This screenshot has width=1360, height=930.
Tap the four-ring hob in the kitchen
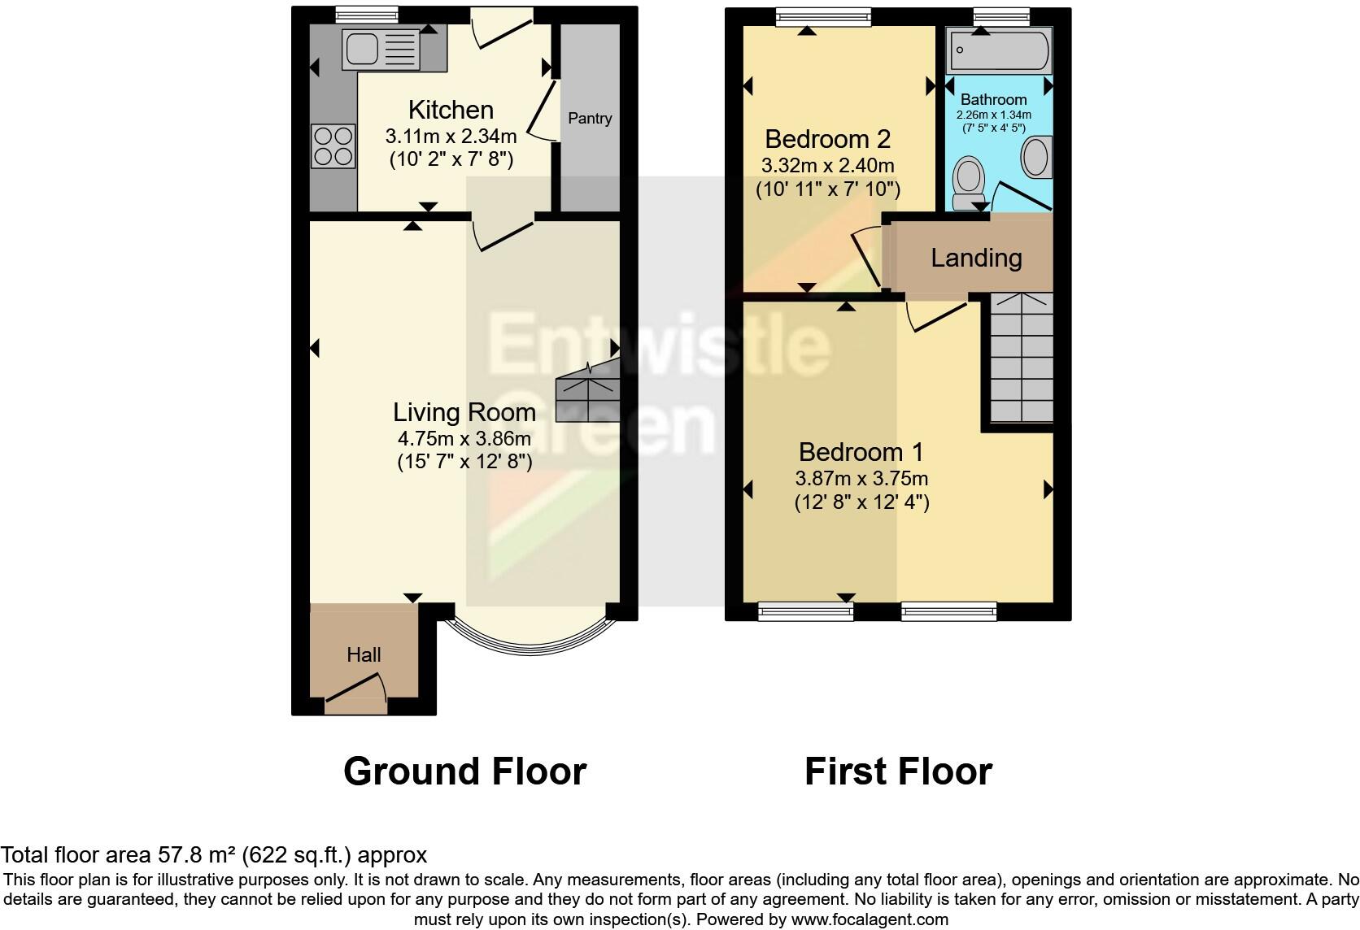pos(333,146)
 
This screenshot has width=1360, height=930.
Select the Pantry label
pos(590,119)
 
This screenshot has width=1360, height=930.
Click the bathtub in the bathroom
pos(999,51)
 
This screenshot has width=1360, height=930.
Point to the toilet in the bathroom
pos(968,183)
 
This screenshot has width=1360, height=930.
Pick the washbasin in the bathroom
pos(1035,157)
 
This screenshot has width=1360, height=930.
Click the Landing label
pos(976,259)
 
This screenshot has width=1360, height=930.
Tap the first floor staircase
pos(1022,358)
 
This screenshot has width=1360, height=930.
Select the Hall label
pos(364,655)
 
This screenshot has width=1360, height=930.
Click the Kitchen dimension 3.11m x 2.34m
pos(451,136)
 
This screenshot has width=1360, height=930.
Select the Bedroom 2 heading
pos(828,139)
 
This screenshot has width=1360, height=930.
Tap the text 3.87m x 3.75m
pos(861,479)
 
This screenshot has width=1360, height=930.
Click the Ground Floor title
pos(464,771)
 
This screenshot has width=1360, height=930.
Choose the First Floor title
pos(898,771)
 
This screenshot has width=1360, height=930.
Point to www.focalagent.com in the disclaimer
pos(870,920)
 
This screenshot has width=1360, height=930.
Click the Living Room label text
pos(464,412)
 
